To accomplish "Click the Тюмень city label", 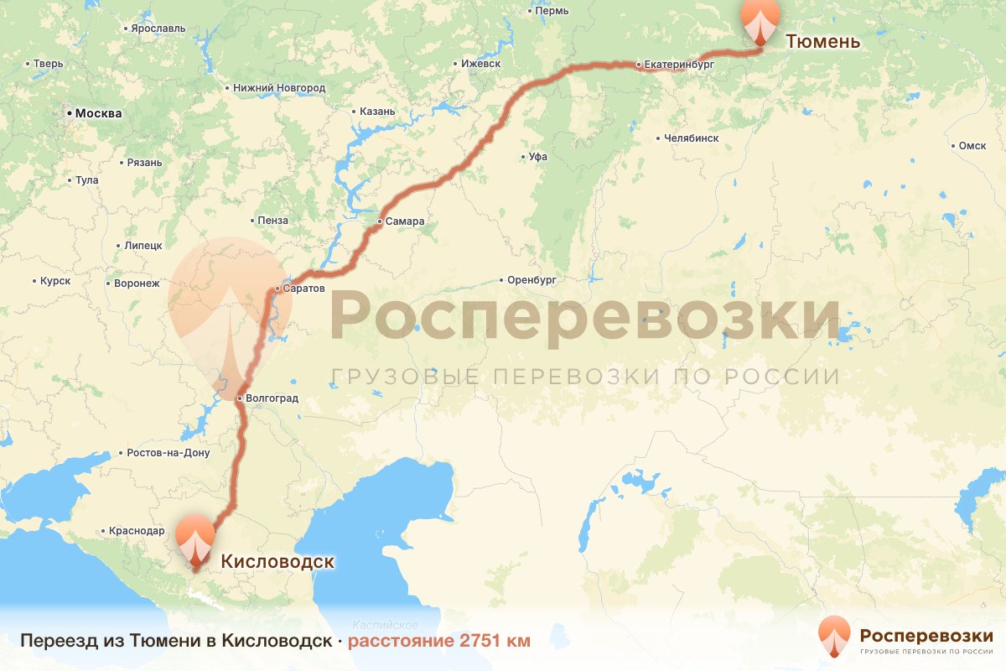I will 822,41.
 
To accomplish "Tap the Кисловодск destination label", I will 277,562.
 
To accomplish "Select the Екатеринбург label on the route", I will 679,64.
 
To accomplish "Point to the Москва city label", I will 98,113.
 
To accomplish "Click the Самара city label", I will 406,222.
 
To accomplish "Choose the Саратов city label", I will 303,289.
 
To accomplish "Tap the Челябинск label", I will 690,138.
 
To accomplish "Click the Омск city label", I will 972,146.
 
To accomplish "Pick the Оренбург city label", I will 532,280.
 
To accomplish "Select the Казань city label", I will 376,112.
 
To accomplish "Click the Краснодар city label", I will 137,531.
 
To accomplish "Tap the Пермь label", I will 552,11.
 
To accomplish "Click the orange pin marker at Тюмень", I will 760,18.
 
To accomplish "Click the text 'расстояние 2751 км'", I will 439,641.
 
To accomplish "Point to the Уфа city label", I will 537,157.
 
